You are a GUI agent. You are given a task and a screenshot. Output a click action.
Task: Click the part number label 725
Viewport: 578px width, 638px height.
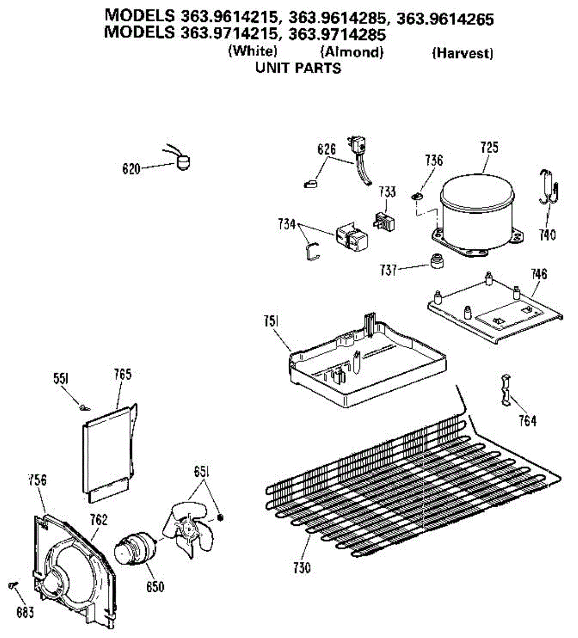point(489,147)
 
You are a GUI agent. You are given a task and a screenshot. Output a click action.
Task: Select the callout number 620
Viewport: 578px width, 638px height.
point(131,169)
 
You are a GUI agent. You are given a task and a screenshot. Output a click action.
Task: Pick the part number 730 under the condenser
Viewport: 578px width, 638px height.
point(301,568)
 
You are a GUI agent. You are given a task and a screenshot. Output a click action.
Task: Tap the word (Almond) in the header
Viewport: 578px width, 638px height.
point(351,52)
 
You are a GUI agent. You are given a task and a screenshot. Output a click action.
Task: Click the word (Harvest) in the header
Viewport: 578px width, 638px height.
point(462,53)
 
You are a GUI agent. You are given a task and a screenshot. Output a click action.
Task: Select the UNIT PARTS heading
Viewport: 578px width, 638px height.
point(298,68)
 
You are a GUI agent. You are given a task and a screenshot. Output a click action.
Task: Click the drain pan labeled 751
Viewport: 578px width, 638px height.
point(367,364)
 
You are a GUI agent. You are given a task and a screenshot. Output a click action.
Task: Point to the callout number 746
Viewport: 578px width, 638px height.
point(538,274)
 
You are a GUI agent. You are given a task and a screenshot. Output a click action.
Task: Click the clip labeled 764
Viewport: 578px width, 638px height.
point(507,390)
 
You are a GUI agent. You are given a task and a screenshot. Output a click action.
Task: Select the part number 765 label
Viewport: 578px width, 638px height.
point(122,374)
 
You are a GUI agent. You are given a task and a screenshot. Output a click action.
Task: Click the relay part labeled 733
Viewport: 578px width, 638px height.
point(383,222)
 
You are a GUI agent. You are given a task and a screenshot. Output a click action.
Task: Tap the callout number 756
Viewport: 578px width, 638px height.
point(37,480)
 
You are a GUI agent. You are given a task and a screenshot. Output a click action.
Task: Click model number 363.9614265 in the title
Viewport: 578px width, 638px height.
point(445,20)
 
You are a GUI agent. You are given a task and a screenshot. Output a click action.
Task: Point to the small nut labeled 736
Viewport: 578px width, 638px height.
point(417,196)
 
